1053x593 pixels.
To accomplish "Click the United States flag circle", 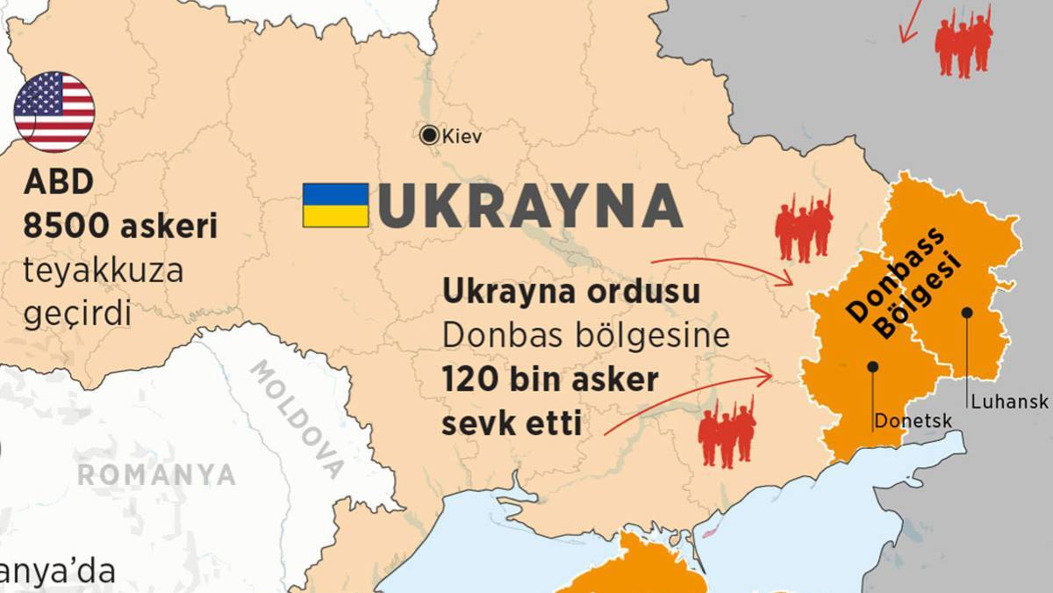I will point(54,112).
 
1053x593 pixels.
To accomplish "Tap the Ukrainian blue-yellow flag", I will point(335,205).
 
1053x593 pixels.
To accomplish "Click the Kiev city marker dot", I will point(429,135).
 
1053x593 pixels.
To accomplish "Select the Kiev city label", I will point(462,136).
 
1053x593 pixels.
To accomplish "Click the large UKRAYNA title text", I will point(529,206).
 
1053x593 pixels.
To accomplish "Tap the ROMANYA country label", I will point(156,475).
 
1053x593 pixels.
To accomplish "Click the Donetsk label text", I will point(913,422).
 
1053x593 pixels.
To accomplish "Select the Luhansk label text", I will point(1009,401).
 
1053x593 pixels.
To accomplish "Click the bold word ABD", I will point(58,183).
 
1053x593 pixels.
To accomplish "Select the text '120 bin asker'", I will point(550,382).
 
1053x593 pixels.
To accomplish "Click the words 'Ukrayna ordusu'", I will point(571,292).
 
